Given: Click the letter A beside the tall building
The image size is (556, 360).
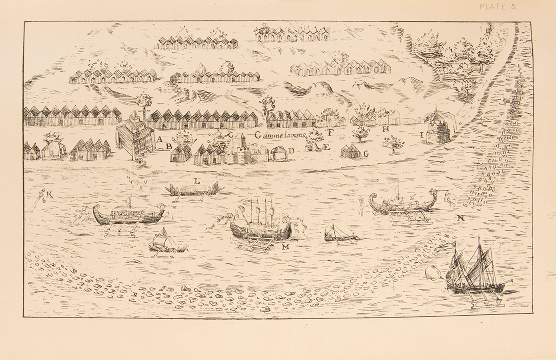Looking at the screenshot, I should coord(160,140).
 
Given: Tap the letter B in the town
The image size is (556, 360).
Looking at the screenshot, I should coord(169,146).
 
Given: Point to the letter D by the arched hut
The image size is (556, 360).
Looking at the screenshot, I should coord(291,150).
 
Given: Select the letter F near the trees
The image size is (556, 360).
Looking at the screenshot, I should coord(331,132).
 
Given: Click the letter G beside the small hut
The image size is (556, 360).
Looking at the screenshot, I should coord(365,153).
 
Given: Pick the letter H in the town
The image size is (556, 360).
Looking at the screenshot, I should coord(385,129).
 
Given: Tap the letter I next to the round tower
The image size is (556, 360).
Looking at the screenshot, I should coord(422,135).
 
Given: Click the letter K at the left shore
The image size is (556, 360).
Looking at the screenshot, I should coord(50,194).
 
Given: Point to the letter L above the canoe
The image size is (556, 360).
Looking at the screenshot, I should coord(197,181).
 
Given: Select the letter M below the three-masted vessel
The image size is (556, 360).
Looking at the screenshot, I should coord(285,247).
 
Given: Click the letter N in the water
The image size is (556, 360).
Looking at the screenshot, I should coord(461,218).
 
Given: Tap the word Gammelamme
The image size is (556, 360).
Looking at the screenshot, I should coord(280,136).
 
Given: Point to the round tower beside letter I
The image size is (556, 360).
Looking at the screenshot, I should coord(438,126).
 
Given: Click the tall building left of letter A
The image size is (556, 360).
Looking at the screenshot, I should coord(135,137).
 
